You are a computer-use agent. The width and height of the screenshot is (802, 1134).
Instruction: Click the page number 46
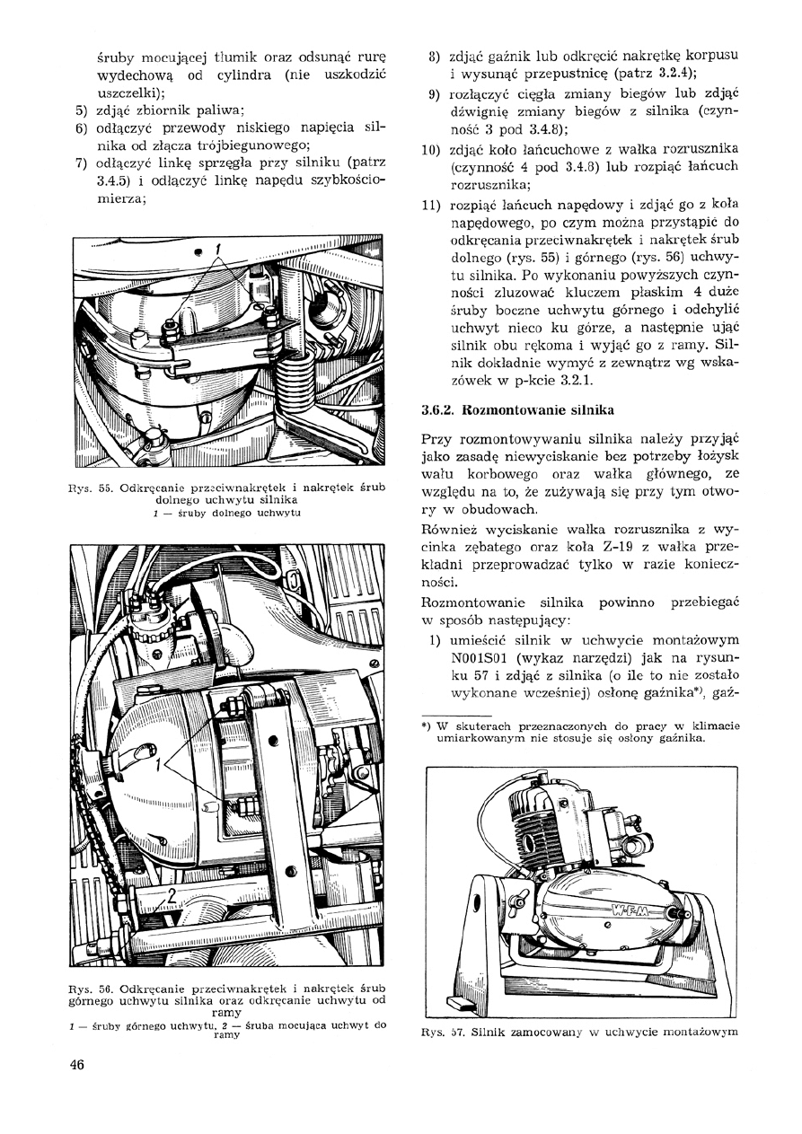(75, 1065)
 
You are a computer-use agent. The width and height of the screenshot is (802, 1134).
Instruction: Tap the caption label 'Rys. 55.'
(88, 489)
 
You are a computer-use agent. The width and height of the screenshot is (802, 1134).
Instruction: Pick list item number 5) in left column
(79, 110)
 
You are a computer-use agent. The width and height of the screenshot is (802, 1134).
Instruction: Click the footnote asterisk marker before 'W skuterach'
(427, 725)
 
